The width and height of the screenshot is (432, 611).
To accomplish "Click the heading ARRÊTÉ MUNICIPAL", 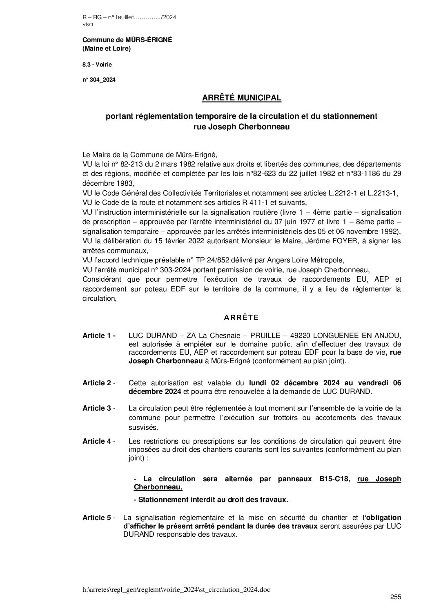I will point(242,98).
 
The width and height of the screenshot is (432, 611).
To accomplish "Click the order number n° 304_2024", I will point(99,80).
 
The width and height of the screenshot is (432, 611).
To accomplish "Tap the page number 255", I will point(396,597).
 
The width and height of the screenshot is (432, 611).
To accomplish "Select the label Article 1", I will point(98,335).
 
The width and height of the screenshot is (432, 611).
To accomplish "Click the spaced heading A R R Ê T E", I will point(241,317).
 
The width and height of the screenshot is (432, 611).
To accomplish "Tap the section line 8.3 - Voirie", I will point(97,64).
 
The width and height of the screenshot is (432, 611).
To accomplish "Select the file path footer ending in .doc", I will point(176,589).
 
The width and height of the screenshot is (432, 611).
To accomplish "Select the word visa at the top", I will point(87,24).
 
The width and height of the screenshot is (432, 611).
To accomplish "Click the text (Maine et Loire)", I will point(107,49).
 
